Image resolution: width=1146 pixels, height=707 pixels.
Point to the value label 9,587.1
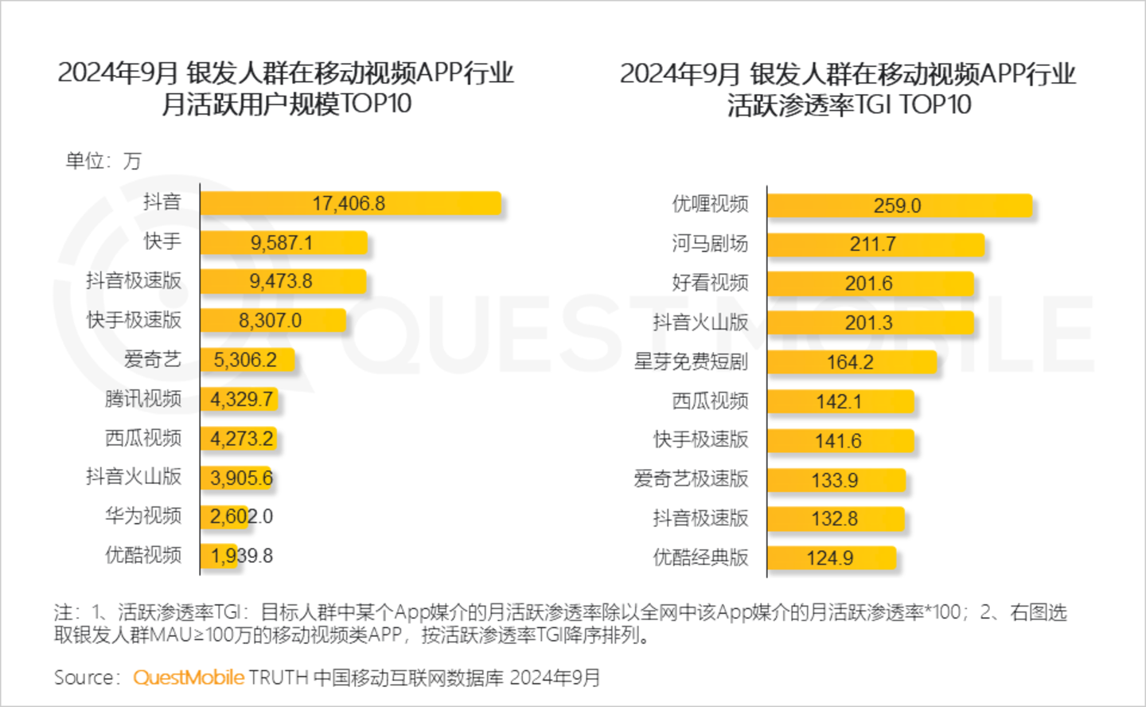point(282,243)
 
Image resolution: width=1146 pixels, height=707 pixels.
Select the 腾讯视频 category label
point(143,399)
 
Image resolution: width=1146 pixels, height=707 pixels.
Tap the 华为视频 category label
point(143,516)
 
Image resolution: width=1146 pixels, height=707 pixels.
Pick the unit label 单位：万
point(103,162)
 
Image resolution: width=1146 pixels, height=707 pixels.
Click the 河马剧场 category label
point(710,244)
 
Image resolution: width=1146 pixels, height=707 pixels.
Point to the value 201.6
point(868,283)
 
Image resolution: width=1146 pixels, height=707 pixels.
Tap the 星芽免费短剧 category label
point(691,361)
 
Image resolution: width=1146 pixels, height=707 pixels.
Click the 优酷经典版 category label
point(700,557)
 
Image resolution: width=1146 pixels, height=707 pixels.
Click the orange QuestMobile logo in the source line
point(189,678)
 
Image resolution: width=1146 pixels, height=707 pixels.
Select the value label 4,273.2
point(242,439)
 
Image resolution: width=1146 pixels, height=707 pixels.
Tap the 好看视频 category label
point(710,283)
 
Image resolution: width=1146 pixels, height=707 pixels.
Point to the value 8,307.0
point(270,321)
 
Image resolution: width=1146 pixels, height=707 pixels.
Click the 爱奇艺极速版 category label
point(691,478)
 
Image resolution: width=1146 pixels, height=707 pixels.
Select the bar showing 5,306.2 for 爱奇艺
point(247,360)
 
